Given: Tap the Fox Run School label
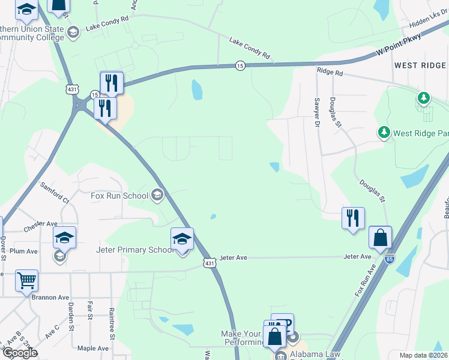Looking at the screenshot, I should click(x=119, y=196).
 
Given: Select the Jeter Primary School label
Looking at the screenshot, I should click(x=126, y=250).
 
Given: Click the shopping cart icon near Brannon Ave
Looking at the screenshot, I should click(x=27, y=280).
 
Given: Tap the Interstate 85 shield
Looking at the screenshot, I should click(x=390, y=258).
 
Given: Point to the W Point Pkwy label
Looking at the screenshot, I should click(x=398, y=46).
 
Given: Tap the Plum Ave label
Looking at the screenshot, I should click(x=24, y=251).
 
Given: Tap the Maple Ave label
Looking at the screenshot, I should click(x=93, y=348).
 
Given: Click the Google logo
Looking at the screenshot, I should click(x=19, y=353).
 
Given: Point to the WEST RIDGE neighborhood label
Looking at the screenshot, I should click(x=420, y=65).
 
